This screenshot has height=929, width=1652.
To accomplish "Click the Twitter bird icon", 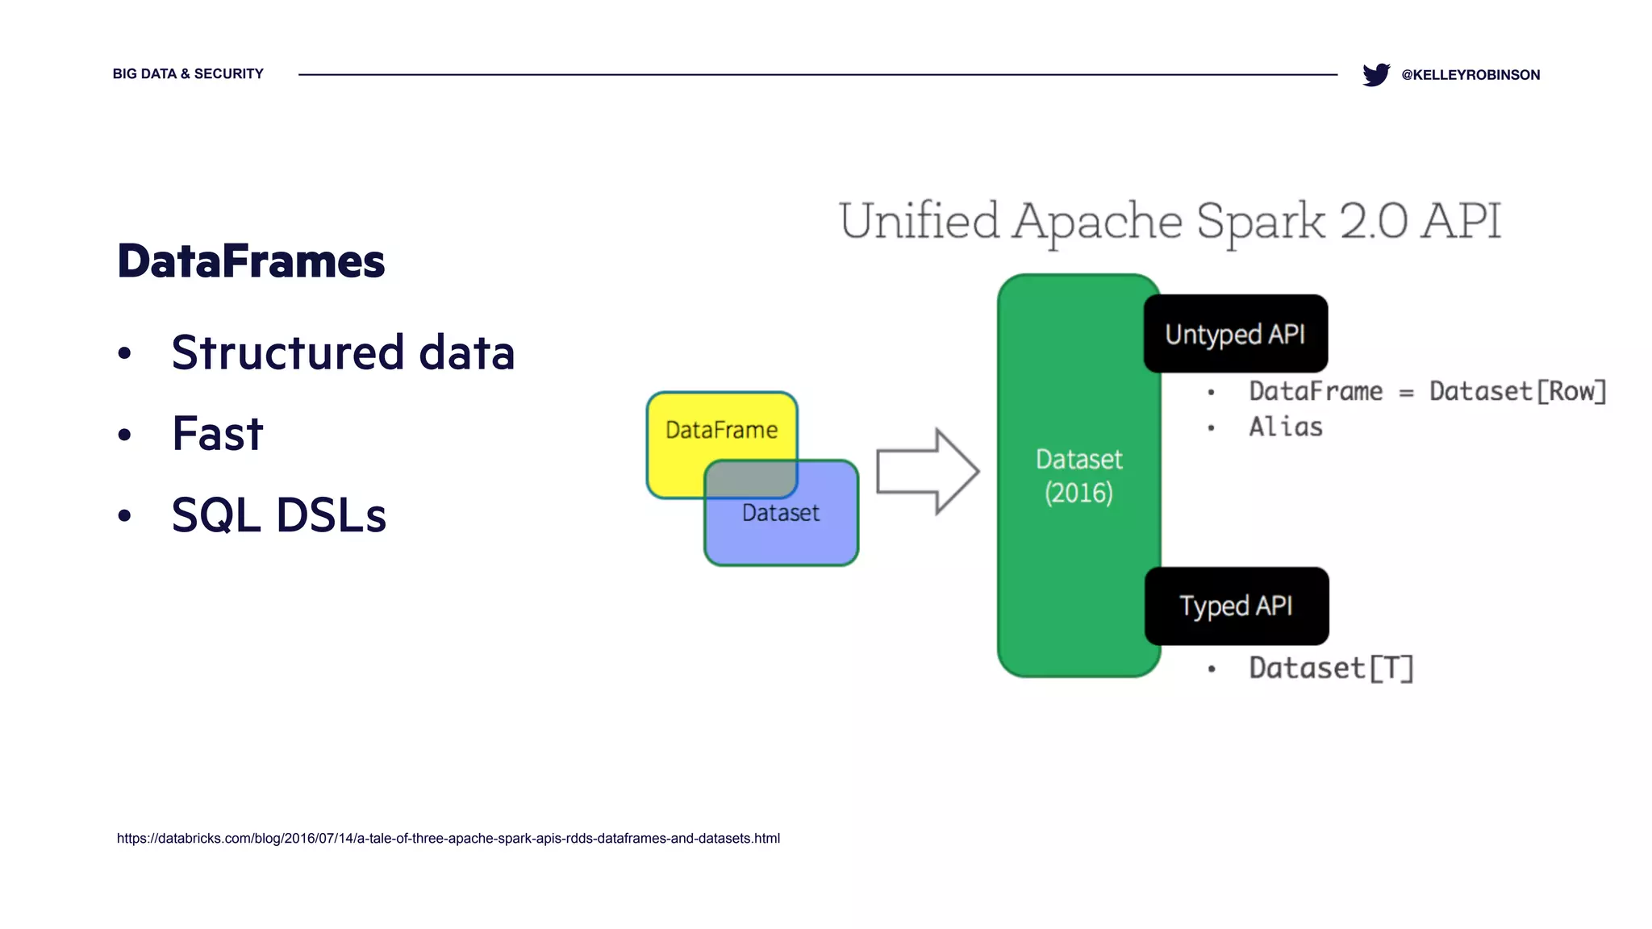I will click(1375, 74).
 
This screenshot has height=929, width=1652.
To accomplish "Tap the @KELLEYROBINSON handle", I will click(1471, 75).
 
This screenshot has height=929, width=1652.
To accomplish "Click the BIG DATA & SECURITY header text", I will click(188, 73).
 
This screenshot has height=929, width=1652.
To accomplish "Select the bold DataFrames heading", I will click(251, 261).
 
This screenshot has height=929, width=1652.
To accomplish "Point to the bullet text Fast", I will click(217, 434).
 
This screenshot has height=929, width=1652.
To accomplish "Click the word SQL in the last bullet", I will click(216, 515).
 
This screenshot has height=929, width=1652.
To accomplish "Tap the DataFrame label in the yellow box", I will click(721, 430).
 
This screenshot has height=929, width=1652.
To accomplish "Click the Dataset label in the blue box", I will click(780, 513).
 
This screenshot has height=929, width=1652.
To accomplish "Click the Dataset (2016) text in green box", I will click(1078, 476).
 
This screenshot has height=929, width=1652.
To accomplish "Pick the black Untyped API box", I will click(1235, 334).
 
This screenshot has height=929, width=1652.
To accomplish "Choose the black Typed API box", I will click(1236, 606).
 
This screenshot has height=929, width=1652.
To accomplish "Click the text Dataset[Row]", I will click(1517, 391).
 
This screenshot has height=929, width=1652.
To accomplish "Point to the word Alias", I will click(1286, 427).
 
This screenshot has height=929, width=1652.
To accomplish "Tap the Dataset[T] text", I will click(1331, 668).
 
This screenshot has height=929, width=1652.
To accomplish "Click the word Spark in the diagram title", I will click(1260, 221).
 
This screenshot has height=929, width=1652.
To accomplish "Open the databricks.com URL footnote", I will click(448, 838).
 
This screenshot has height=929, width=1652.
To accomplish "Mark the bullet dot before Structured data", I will click(124, 353).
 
